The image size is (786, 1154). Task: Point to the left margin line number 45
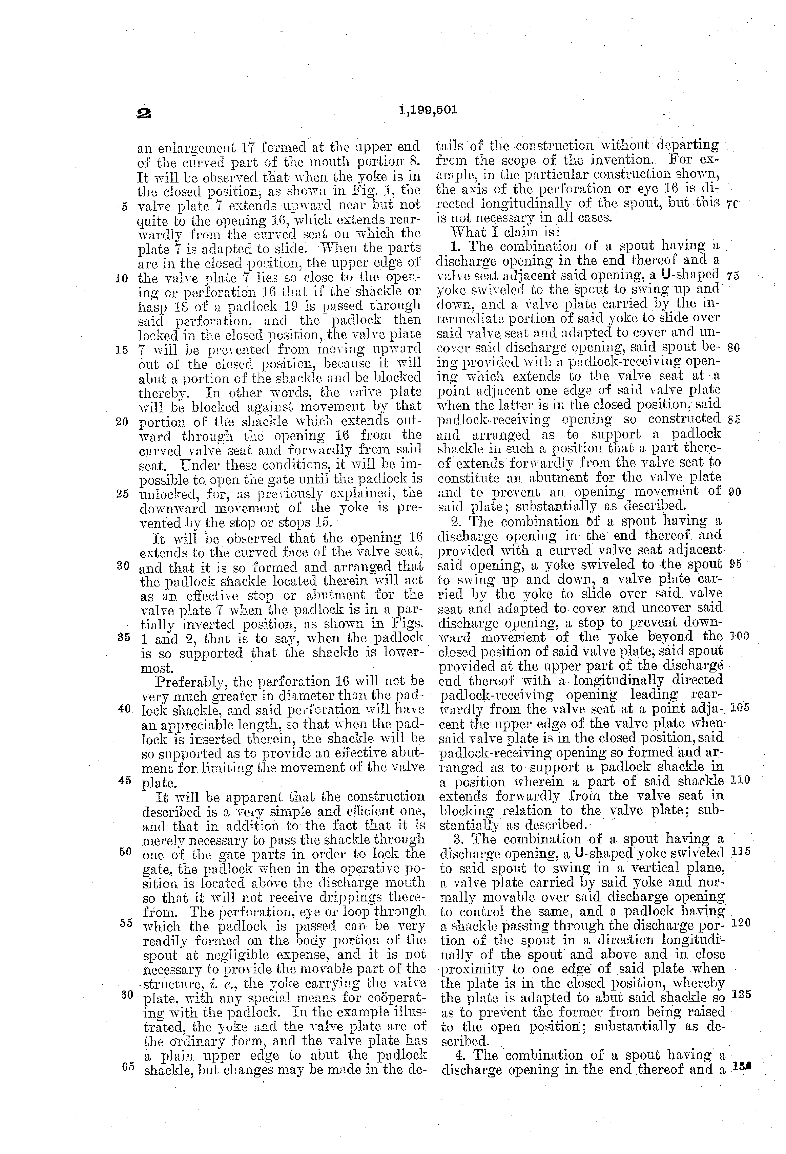[x=125, y=780]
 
